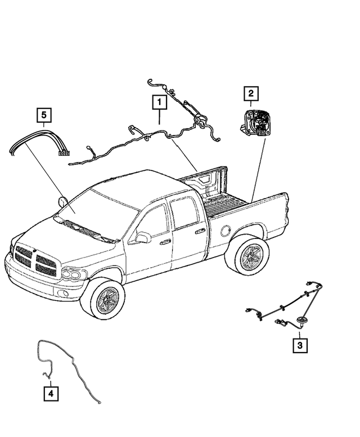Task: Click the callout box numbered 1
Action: click(x=159, y=103)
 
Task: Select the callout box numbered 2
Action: click(x=250, y=93)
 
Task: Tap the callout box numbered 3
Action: click(x=300, y=344)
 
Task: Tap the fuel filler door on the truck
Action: click(x=226, y=229)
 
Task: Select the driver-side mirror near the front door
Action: click(x=143, y=238)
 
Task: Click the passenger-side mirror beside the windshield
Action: click(x=62, y=201)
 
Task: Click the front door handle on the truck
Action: click(x=165, y=242)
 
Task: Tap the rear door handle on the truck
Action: click(x=200, y=230)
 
